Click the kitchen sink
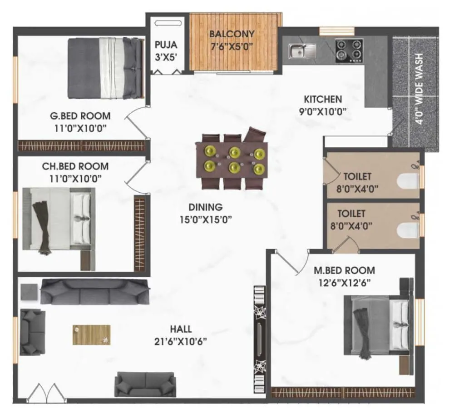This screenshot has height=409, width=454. tap(302, 50)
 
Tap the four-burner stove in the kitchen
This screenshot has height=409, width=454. tap(349, 50)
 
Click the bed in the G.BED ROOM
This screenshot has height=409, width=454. tap(105, 68)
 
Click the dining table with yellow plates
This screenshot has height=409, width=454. tap(232, 160)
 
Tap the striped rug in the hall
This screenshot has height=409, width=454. tap(91, 334)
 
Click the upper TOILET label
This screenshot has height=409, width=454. tap(357, 181)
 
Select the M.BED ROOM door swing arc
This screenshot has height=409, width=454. tap(291, 263)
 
